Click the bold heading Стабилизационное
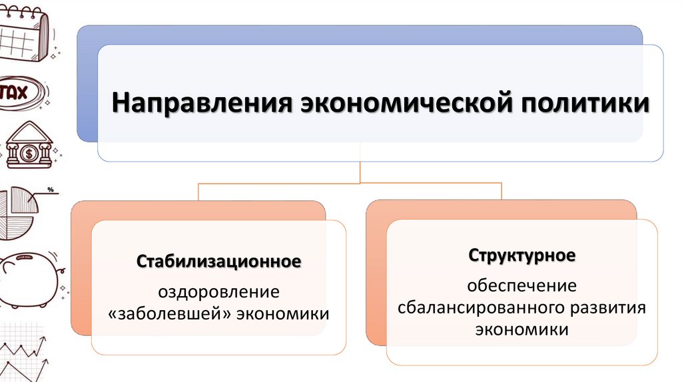pyautogui.click(x=219, y=261)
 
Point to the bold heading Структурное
pyautogui.click(x=521, y=256)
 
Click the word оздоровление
pyautogui.click(x=218, y=291)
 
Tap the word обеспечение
pyautogui.click(x=521, y=286)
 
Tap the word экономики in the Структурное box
pyautogui.click(x=521, y=329)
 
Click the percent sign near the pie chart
pyautogui.click(x=50, y=190)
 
